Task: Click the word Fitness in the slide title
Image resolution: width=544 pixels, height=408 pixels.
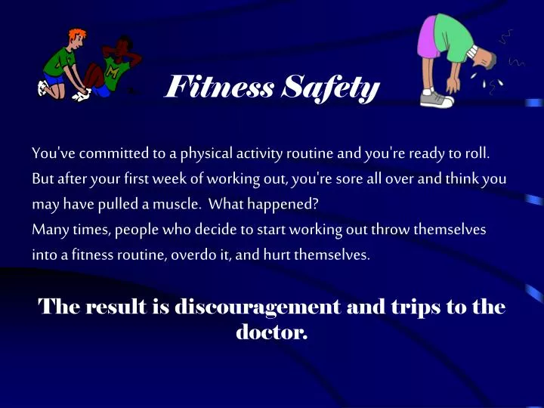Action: [218, 88]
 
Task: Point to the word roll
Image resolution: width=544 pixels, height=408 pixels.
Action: [478, 154]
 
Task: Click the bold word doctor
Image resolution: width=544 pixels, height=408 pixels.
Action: [272, 331]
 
